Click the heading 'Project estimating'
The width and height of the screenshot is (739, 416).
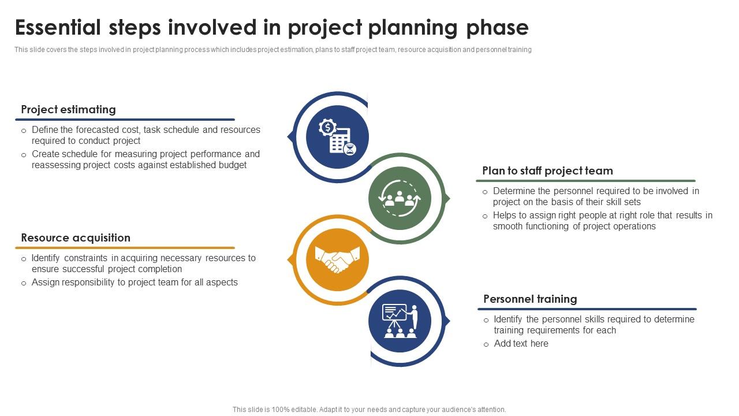click(68, 109)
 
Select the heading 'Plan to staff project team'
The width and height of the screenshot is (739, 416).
click(547, 170)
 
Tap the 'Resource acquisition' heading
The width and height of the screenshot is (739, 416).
click(76, 237)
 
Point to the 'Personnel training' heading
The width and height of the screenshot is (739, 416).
click(530, 299)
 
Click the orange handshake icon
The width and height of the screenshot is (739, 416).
click(337, 259)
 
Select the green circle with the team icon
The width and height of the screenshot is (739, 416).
click(400, 198)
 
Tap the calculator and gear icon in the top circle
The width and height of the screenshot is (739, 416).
click(337, 137)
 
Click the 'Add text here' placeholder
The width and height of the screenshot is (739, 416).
click(521, 343)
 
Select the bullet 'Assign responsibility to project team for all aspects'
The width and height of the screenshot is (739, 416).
click(135, 282)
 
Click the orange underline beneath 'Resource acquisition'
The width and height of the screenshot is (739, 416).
click(125, 248)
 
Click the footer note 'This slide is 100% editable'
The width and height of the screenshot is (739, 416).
click(369, 409)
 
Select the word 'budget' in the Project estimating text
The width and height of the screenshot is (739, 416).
click(233, 165)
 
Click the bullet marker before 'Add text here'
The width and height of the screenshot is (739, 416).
click(486, 344)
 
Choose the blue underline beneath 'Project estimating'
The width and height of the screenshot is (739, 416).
click(125, 120)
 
